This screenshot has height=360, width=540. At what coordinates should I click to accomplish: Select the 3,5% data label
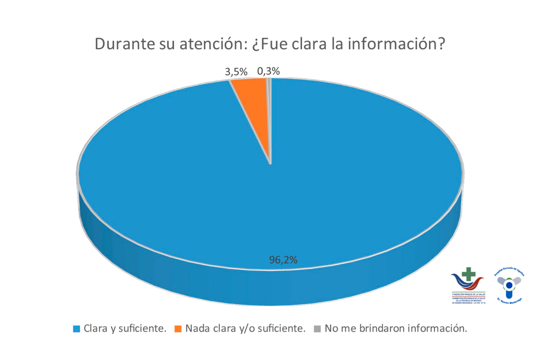(235, 72)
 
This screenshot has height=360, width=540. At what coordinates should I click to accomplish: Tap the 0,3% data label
(268, 71)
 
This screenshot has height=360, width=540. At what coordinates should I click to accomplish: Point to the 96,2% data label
(283, 260)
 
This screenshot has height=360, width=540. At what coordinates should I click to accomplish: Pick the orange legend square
(178, 329)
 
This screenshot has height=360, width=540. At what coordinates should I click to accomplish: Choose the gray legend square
(318, 329)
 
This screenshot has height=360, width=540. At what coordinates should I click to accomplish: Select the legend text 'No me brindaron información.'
(396, 328)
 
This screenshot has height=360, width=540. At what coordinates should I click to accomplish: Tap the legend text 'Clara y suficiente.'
(125, 328)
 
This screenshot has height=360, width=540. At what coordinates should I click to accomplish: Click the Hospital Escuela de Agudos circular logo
(509, 285)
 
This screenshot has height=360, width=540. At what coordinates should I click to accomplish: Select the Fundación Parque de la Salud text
(468, 293)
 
